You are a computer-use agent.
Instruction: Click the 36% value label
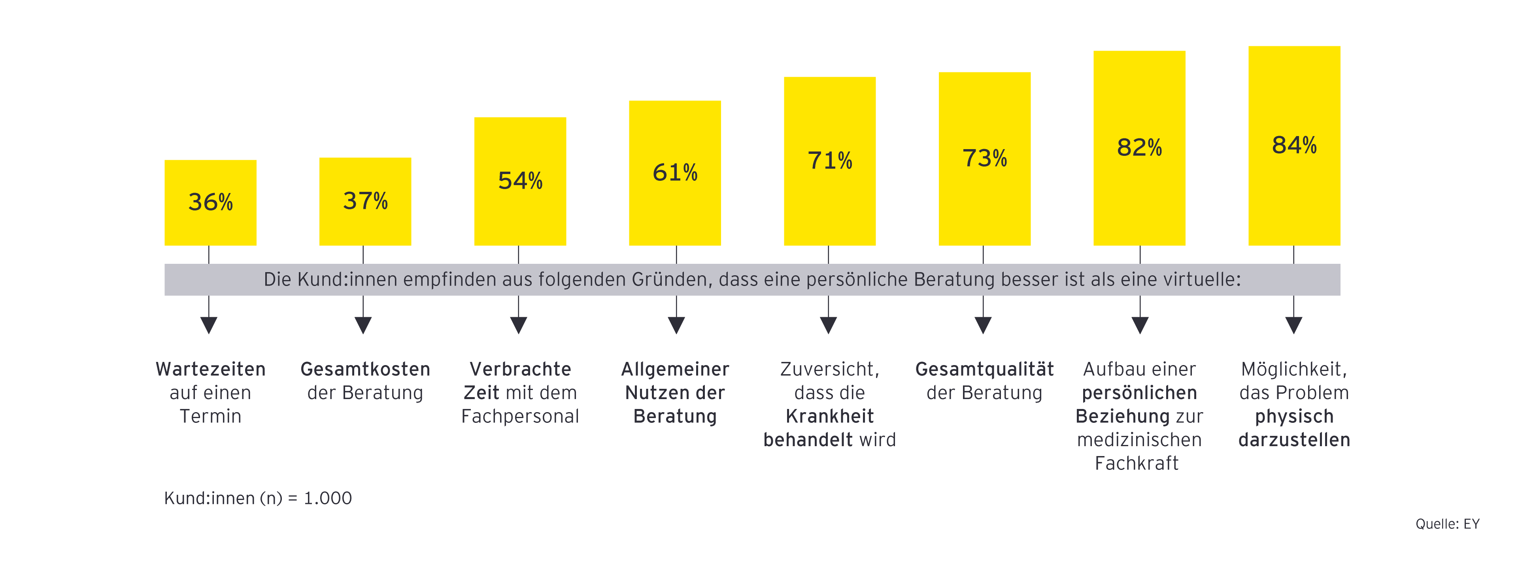tap(210, 202)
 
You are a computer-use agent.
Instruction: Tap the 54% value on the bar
tap(520, 180)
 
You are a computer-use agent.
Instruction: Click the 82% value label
tap(1139, 148)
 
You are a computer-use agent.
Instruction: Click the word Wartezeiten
tap(210, 369)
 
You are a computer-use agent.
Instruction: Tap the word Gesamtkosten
tap(365, 369)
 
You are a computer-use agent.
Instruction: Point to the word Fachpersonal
tap(520, 416)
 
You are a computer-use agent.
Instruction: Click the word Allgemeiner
tap(675, 369)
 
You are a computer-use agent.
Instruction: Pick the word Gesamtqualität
tap(984, 369)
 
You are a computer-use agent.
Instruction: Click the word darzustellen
tap(1294, 440)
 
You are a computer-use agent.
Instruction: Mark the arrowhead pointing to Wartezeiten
tap(209, 325)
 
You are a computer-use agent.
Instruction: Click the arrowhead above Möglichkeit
tap(1293, 325)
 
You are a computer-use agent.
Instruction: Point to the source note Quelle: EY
tap(1447, 524)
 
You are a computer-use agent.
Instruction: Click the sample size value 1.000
tap(328, 498)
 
